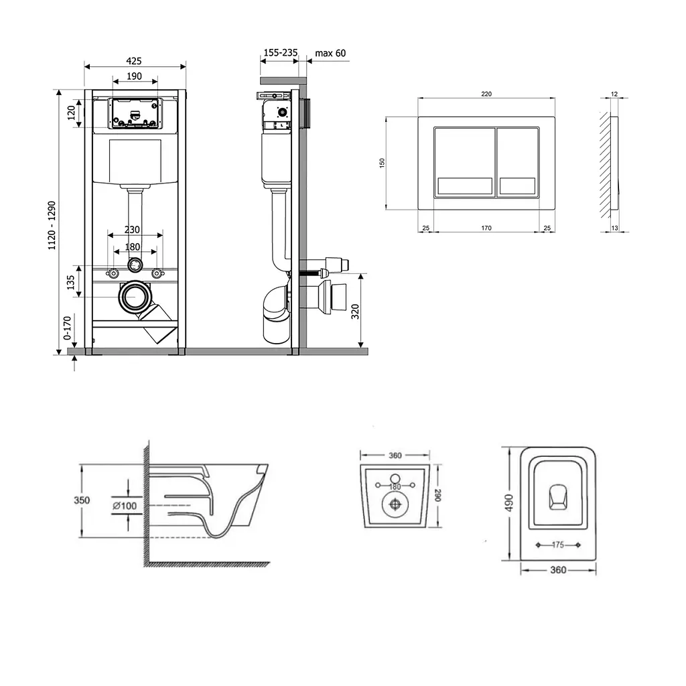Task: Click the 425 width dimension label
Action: pos(134,61)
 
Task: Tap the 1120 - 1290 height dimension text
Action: pos(52,225)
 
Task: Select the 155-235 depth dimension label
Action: pos(281,52)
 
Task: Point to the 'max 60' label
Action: pos(330,54)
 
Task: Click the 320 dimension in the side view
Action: pos(355,312)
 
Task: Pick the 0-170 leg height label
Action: pos(67,328)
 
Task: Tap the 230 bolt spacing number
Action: pos(132,230)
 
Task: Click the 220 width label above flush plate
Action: pos(486,94)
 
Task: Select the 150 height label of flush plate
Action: pos(382,163)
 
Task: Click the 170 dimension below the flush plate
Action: pos(486,228)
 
